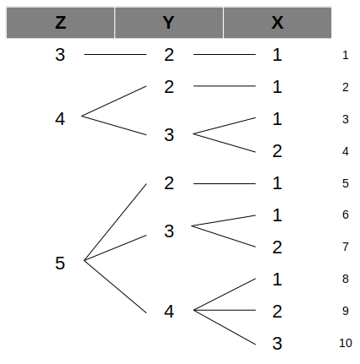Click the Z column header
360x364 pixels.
(x=61, y=23)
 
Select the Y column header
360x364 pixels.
(x=169, y=23)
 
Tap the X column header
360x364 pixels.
(x=277, y=23)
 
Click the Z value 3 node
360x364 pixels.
(x=60, y=55)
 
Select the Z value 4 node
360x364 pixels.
(x=60, y=119)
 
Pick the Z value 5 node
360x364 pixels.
(x=60, y=263)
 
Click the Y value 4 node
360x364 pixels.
(x=169, y=312)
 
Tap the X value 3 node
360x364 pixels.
(x=277, y=344)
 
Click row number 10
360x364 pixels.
(x=346, y=343)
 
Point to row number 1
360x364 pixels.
(x=346, y=55)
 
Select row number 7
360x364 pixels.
(x=346, y=247)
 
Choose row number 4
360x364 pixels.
(x=346, y=152)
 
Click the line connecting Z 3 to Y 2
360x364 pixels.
(x=116, y=54)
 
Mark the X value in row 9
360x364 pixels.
(x=277, y=312)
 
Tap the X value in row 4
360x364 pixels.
(x=277, y=151)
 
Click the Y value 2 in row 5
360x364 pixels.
(x=169, y=183)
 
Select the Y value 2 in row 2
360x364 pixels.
(x=169, y=87)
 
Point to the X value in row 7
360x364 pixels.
(x=277, y=247)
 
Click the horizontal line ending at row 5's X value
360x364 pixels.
(x=225, y=183)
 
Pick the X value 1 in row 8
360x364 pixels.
(x=277, y=280)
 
